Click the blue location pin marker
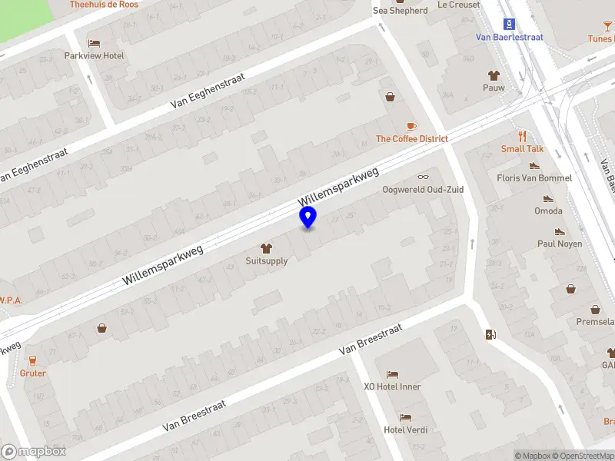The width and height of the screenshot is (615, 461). tap(308, 217)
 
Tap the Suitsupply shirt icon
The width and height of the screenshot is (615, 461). tap(266, 248)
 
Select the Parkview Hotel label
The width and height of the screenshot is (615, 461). tap(94, 55)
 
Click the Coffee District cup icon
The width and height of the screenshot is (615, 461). tap(411, 126)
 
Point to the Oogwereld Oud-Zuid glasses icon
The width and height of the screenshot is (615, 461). tap(423, 177)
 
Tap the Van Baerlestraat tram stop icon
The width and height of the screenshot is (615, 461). tap(509, 24)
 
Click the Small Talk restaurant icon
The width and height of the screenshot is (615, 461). tap(523, 135)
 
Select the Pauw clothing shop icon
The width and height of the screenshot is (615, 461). tap(494, 75)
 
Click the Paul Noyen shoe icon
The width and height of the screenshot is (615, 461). tap(560, 231)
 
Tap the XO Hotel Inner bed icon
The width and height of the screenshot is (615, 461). tap(392, 374)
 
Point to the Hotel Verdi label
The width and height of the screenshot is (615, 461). tap(405, 429)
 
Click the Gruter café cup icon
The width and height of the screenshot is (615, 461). tap(33, 360)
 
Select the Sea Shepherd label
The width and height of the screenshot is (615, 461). tap(400, 11)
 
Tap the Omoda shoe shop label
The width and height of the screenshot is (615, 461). tap(548, 211)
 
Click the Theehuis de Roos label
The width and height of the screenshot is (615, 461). tap(104, 5)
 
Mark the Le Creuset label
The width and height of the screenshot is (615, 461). tap(458, 5)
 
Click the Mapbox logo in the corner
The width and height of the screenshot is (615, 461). tap(33, 452)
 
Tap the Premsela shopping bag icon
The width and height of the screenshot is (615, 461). tap(571, 289)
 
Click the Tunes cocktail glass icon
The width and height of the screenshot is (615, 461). tap(607, 26)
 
